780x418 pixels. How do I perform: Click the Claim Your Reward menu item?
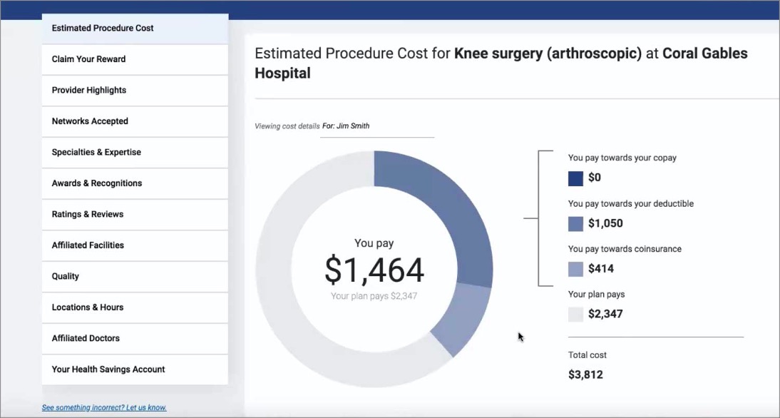[88, 59]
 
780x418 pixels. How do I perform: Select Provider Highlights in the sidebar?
[89, 91]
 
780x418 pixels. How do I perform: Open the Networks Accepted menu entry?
[90, 121]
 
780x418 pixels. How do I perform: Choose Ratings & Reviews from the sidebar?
[88, 215]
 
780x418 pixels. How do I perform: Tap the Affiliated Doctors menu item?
[86, 338]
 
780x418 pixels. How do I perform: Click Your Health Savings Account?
[108, 369]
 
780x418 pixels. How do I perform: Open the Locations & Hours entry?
[88, 307]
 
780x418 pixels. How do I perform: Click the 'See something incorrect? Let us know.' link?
[104, 408]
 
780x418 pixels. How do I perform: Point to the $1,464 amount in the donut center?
[374, 270]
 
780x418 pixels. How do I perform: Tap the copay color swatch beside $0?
[575, 178]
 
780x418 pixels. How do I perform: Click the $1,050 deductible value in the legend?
[605, 223]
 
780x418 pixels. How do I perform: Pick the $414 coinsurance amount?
[600, 269]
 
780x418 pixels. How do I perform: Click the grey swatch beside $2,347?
[575, 314]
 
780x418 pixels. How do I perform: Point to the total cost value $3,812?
[585, 374]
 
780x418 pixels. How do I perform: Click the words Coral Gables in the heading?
[705, 53]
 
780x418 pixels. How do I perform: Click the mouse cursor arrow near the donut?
[520, 337]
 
